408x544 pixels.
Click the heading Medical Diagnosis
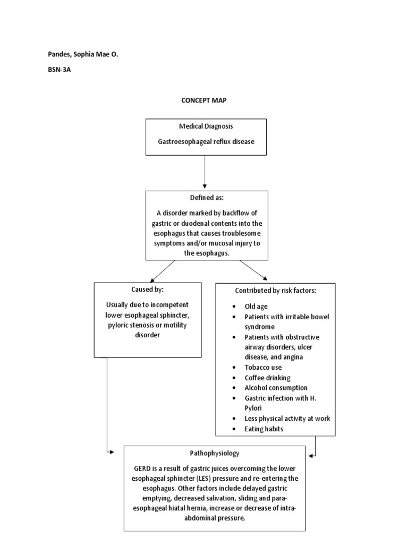206,127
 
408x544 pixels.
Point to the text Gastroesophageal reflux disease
206,142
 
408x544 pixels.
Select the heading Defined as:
206,198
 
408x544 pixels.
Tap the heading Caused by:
147,290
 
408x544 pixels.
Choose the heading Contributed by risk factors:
275,291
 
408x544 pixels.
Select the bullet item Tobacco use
263,368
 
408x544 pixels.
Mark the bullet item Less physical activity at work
287,419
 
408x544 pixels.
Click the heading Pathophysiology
215,453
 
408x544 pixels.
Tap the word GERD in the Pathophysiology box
144,468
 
